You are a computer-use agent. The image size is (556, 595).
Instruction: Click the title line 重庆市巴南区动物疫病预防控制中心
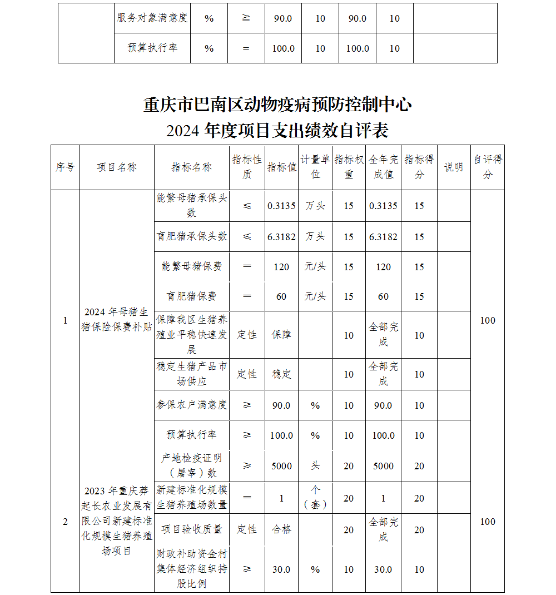(x=277, y=105)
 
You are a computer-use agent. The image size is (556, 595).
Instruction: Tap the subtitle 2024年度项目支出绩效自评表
(x=277, y=131)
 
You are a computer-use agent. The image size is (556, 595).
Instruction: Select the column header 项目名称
(x=117, y=167)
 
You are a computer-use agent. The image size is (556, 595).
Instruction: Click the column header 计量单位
(x=315, y=167)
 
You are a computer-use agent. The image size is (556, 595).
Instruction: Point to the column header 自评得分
(x=488, y=167)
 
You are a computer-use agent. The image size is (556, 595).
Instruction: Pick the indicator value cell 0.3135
(x=281, y=206)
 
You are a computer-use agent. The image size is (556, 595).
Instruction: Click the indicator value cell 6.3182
(x=281, y=237)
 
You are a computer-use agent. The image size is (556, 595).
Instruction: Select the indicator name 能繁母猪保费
(x=191, y=266)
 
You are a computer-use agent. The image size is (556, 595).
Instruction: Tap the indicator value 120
(x=281, y=267)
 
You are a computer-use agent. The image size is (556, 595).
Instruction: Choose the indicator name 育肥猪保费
(x=191, y=296)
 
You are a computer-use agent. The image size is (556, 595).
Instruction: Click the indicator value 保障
(x=281, y=335)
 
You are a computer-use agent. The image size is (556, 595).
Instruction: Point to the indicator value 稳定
(x=281, y=374)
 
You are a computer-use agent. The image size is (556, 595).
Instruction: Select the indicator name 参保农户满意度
(x=191, y=405)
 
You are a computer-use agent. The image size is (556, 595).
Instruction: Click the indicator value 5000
(x=281, y=466)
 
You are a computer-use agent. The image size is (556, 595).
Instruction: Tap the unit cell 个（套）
(x=315, y=498)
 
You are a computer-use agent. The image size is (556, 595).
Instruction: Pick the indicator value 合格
(x=281, y=529)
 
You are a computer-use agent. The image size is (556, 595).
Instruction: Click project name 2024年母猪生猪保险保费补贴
(x=117, y=319)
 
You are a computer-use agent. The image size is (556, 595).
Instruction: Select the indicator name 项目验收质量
(x=191, y=529)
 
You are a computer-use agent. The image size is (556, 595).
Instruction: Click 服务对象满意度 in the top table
(x=152, y=18)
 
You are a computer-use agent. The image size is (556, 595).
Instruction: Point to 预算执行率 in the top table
(x=152, y=48)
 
